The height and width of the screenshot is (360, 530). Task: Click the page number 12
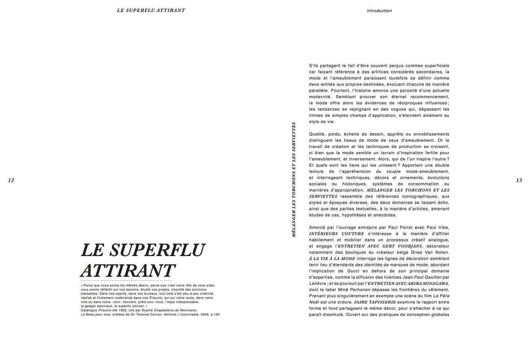pyautogui.click(x=11, y=181)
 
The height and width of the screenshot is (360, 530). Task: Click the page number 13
pyautogui.click(x=519, y=181)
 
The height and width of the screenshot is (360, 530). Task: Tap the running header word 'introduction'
pyautogui.click(x=379, y=11)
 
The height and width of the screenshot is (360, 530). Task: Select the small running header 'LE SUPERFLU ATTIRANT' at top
pyautogui.click(x=151, y=11)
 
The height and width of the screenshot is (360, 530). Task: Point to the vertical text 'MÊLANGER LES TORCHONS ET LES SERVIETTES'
pyautogui.click(x=293, y=179)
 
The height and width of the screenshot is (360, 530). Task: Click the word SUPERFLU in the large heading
pyautogui.click(x=157, y=250)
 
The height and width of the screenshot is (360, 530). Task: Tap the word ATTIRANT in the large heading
pyautogui.click(x=128, y=271)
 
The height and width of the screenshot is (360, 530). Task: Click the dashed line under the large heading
pyautogui.click(x=126, y=280)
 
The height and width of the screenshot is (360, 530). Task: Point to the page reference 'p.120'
pyautogui.click(x=215, y=315)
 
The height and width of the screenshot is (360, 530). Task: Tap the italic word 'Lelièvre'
pyautogui.click(x=318, y=283)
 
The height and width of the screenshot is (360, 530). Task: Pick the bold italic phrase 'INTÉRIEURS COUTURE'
pyautogui.click(x=336, y=234)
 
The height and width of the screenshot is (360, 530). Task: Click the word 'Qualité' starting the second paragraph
pyautogui.click(x=317, y=134)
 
